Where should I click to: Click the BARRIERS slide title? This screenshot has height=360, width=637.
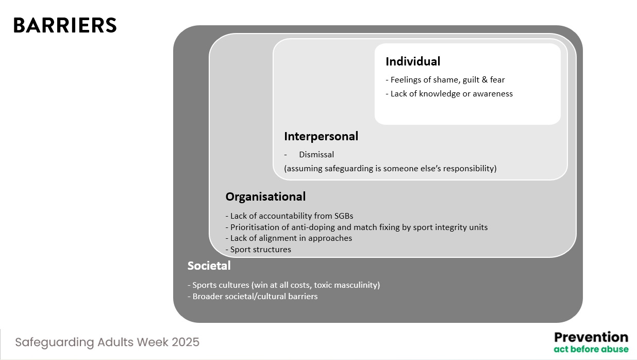coord(65,25)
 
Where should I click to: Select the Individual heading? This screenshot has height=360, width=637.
coord(413,61)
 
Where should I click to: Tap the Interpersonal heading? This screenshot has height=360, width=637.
coord(321,136)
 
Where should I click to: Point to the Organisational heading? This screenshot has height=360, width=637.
coord(265,197)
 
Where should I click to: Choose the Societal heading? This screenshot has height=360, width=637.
coord(209,266)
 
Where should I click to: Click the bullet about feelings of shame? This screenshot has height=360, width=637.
coord(445,80)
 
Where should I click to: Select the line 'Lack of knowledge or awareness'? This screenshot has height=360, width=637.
coord(449,94)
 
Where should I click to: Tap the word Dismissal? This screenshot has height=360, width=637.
coord(316,155)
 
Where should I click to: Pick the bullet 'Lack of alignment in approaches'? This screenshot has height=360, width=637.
coord(289,238)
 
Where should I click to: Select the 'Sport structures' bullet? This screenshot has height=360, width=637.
coord(258,250)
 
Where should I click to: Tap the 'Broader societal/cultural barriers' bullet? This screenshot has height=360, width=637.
coord(253,297)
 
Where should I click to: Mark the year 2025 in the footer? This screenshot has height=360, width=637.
coord(186,342)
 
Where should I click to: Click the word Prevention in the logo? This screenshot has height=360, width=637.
coord(591,337)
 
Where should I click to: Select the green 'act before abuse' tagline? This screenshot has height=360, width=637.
coord(591,349)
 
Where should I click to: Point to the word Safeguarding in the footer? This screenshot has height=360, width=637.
coord(55,342)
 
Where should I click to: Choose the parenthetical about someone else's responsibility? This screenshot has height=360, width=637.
coord(391,169)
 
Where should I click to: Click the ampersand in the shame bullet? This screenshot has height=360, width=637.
coord(484,79)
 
